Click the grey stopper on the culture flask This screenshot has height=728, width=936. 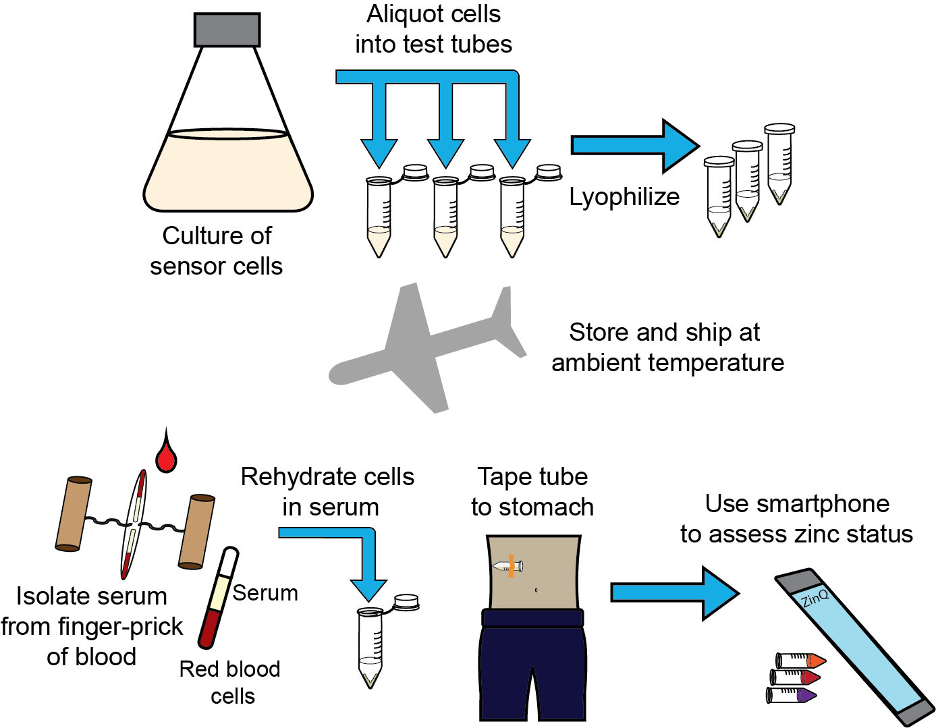pos(227,30)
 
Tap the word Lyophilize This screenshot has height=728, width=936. pos(624,197)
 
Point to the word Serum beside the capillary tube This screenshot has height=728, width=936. pos(265,593)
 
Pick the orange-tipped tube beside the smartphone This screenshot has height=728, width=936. pos(801,660)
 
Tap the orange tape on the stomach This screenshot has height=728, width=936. pos(512,566)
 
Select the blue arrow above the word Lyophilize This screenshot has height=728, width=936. pos(634,145)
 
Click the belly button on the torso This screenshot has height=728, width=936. pos(536,590)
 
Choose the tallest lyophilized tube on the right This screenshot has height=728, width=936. pos(779,164)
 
